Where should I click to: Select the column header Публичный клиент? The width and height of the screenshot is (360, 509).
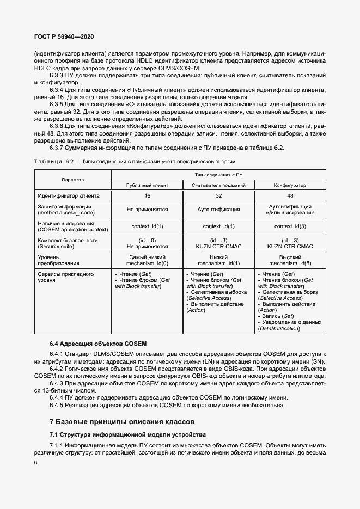coord(147,185)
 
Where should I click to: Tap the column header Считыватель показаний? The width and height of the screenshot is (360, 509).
coord(218,185)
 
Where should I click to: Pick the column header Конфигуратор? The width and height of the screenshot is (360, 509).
coord(290,185)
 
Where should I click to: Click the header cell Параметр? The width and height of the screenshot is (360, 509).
coord(73,180)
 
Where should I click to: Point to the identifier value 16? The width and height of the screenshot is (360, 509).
coord(147,195)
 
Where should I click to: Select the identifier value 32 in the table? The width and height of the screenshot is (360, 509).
coord(218,195)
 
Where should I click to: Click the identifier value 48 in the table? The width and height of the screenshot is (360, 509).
coord(290,195)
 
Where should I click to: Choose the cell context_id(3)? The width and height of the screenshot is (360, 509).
coord(290,226)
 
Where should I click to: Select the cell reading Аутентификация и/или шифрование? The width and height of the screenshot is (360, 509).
coord(290,210)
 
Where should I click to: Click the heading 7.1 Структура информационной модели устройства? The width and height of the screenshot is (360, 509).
coord(128,434)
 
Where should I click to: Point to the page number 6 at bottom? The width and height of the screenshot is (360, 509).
coord(35,462)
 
